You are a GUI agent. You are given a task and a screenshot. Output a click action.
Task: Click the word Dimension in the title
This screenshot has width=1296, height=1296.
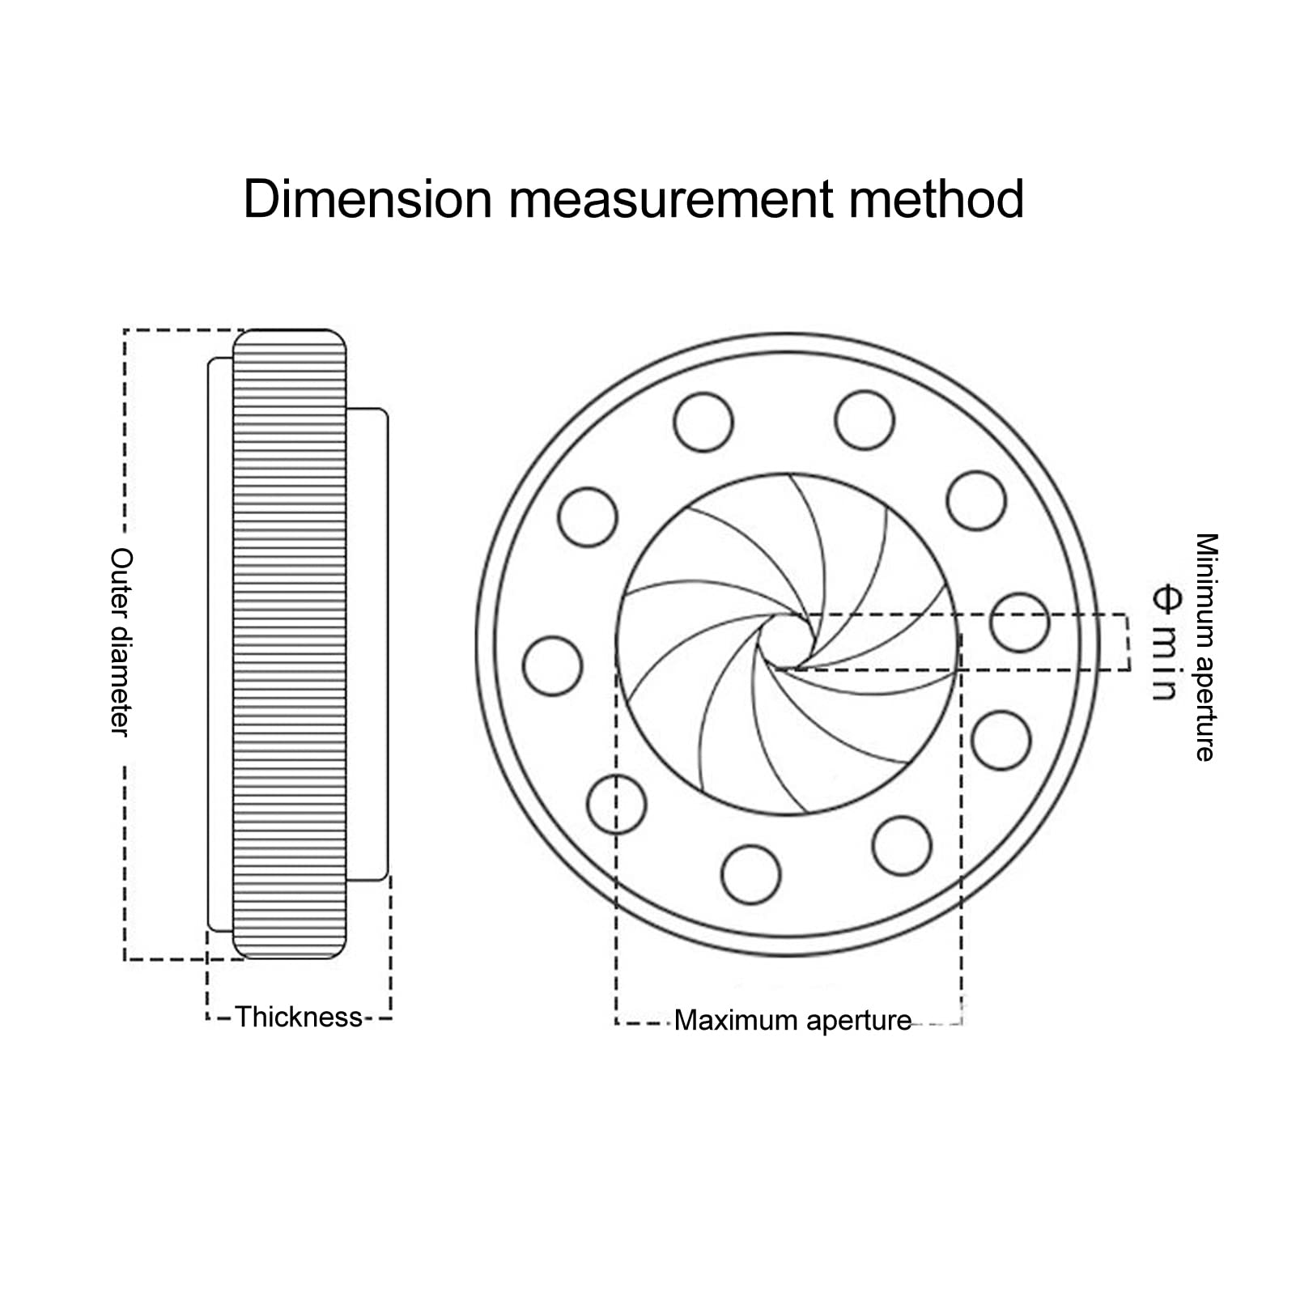tap(368, 199)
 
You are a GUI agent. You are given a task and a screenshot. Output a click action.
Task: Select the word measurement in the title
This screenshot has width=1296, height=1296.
tap(671, 199)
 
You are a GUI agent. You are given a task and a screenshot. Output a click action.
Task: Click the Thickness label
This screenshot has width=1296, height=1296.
tap(299, 1017)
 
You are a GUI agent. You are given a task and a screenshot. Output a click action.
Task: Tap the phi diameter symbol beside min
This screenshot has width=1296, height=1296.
tap(1165, 599)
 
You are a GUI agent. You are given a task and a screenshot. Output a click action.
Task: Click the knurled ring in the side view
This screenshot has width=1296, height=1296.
tap(290, 644)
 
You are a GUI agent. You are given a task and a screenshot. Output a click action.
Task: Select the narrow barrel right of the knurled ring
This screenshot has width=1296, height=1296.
tap(368, 644)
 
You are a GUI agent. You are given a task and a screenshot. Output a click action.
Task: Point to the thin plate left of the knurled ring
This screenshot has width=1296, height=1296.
tap(220, 644)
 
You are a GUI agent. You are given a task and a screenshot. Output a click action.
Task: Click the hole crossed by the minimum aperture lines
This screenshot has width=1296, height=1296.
tap(1019, 623)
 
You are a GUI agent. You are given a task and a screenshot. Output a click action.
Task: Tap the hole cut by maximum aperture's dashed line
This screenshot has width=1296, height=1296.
tap(616, 804)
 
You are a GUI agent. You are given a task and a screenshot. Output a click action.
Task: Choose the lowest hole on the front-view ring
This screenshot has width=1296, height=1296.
tap(750, 874)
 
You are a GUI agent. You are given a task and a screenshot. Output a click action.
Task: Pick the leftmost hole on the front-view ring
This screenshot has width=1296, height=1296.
tap(553, 666)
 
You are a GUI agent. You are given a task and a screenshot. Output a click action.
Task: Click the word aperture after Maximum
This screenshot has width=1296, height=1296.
tap(859, 1020)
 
